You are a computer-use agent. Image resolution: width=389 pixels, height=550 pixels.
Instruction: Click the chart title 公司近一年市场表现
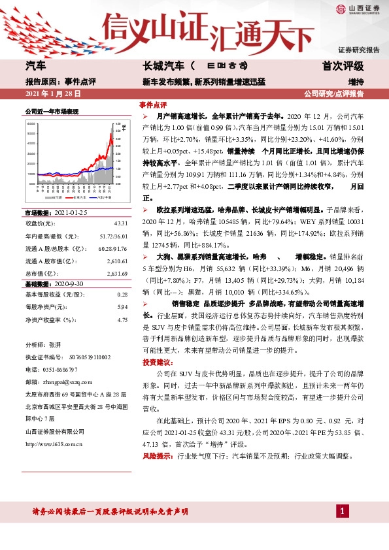click(x=52, y=112)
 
